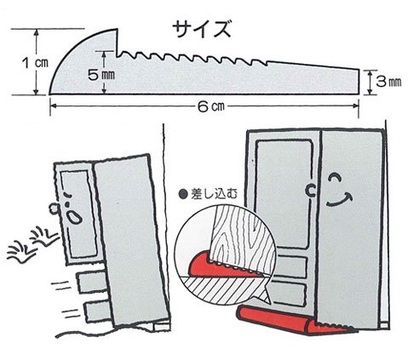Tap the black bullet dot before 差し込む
pyautogui.click(x=182, y=194)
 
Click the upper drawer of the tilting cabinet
pyautogui.click(x=89, y=278)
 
